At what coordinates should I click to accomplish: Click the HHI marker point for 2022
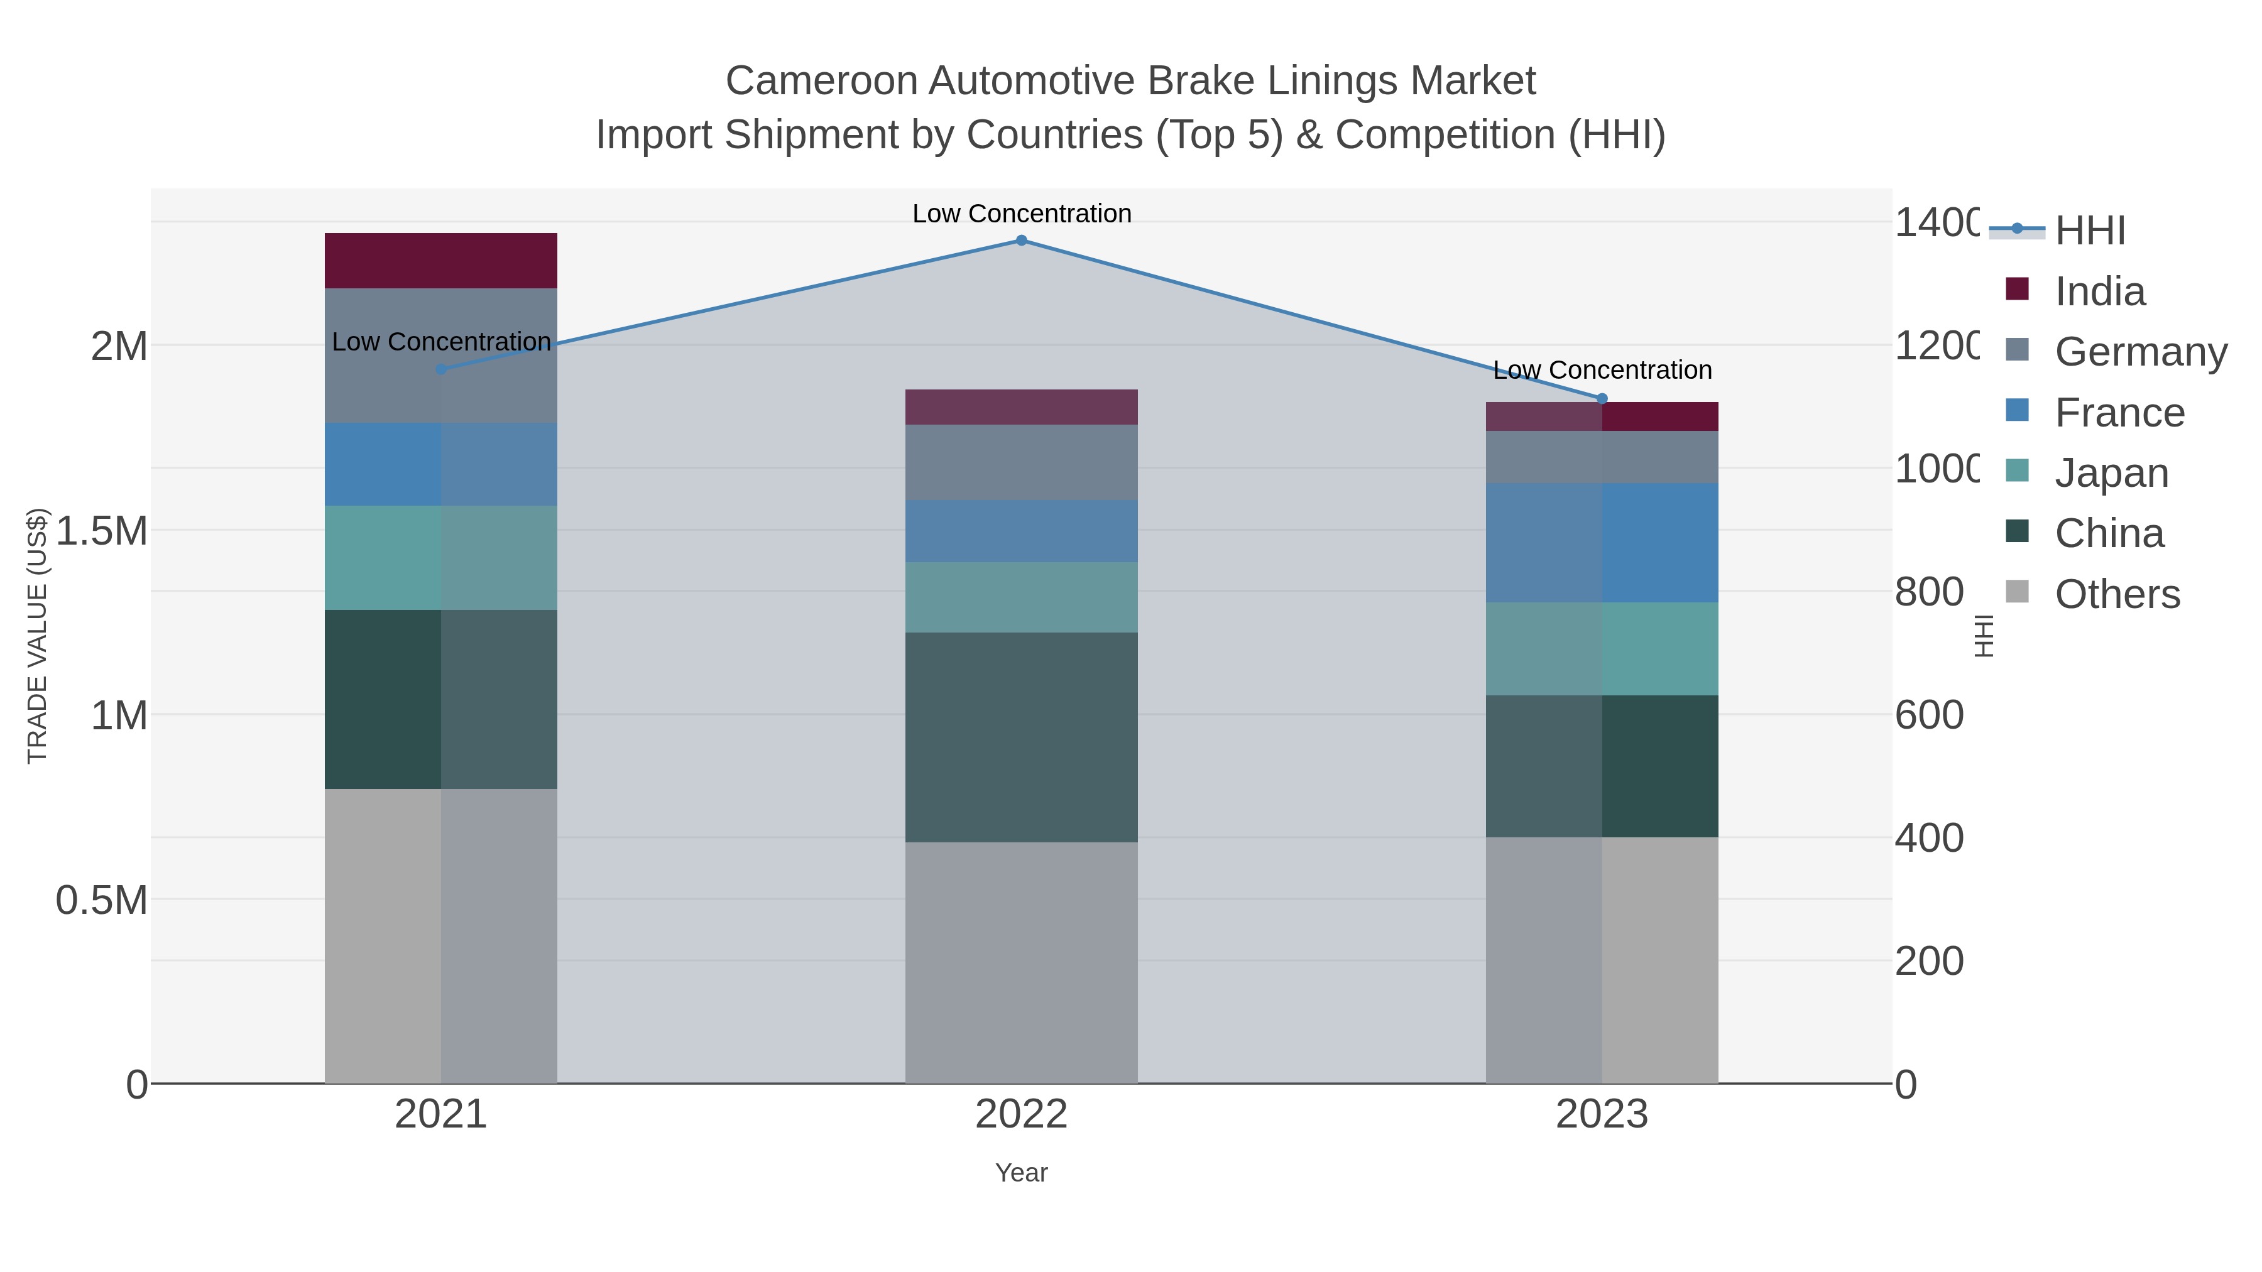pyautogui.click(x=1021, y=240)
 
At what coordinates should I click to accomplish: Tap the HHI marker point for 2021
pyautogui.click(x=441, y=369)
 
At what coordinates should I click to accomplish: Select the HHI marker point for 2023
pyautogui.click(x=1602, y=398)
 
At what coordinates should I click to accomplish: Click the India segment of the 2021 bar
pyautogui.click(x=441, y=261)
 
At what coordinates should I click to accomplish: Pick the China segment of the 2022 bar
pyautogui.click(x=1021, y=737)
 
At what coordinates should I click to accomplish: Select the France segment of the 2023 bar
pyautogui.click(x=1602, y=543)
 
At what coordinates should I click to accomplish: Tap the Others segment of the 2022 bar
pyautogui.click(x=1021, y=962)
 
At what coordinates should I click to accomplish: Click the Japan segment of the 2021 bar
pyautogui.click(x=441, y=557)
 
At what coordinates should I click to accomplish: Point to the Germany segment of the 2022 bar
pyautogui.click(x=1021, y=462)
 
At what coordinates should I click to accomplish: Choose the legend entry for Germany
pyautogui.click(x=2141, y=351)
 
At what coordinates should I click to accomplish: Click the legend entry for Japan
pyautogui.click(x=2111, y=472)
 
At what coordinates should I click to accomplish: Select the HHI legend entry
pyautogui.click(x=2090, y=231)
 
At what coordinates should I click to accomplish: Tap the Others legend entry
pyautogui.click(x=2116, y=594)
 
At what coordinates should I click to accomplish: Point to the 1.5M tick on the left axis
pyautogui.click(x=102, y=531)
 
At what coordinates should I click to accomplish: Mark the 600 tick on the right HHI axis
pyautogui.click(x=1928, y=715)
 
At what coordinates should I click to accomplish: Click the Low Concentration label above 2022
pyautogui.click(x=1021, y=214)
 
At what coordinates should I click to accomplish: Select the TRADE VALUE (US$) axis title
pyautogui.click(x=37, y=636)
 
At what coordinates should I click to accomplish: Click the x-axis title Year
pyautogui.click(x=1021, y=1173)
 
